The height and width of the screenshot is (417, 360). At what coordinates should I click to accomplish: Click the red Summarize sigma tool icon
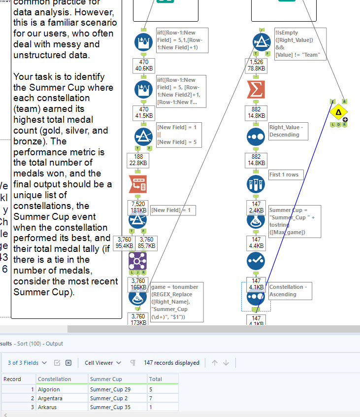coord(256,90)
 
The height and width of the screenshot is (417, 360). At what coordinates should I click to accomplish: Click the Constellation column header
coord(55,379)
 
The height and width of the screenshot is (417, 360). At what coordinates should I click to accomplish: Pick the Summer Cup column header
coord(106,379)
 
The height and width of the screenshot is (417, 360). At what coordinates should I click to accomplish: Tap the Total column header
coord(156,379)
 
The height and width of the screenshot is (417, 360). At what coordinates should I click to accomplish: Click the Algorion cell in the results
coord(49,389)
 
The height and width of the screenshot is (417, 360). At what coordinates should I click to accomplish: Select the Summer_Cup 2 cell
coord(103,398)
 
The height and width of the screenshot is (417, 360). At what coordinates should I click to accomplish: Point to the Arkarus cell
coord(48,407)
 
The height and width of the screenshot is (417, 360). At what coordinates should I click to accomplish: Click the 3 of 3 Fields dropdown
coord(27,363)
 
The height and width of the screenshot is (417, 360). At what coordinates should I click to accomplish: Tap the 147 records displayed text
coord(171,363)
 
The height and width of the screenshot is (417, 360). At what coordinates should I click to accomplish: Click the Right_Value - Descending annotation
coord(288,131)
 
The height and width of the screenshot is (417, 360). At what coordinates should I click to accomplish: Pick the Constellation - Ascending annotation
coord(288,291)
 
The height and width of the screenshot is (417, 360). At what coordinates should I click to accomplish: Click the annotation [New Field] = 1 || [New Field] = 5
coord(176,135)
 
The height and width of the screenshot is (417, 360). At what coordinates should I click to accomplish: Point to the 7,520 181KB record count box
coord(138,207)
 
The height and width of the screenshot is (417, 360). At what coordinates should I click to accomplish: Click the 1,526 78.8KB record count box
coord(256,65)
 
